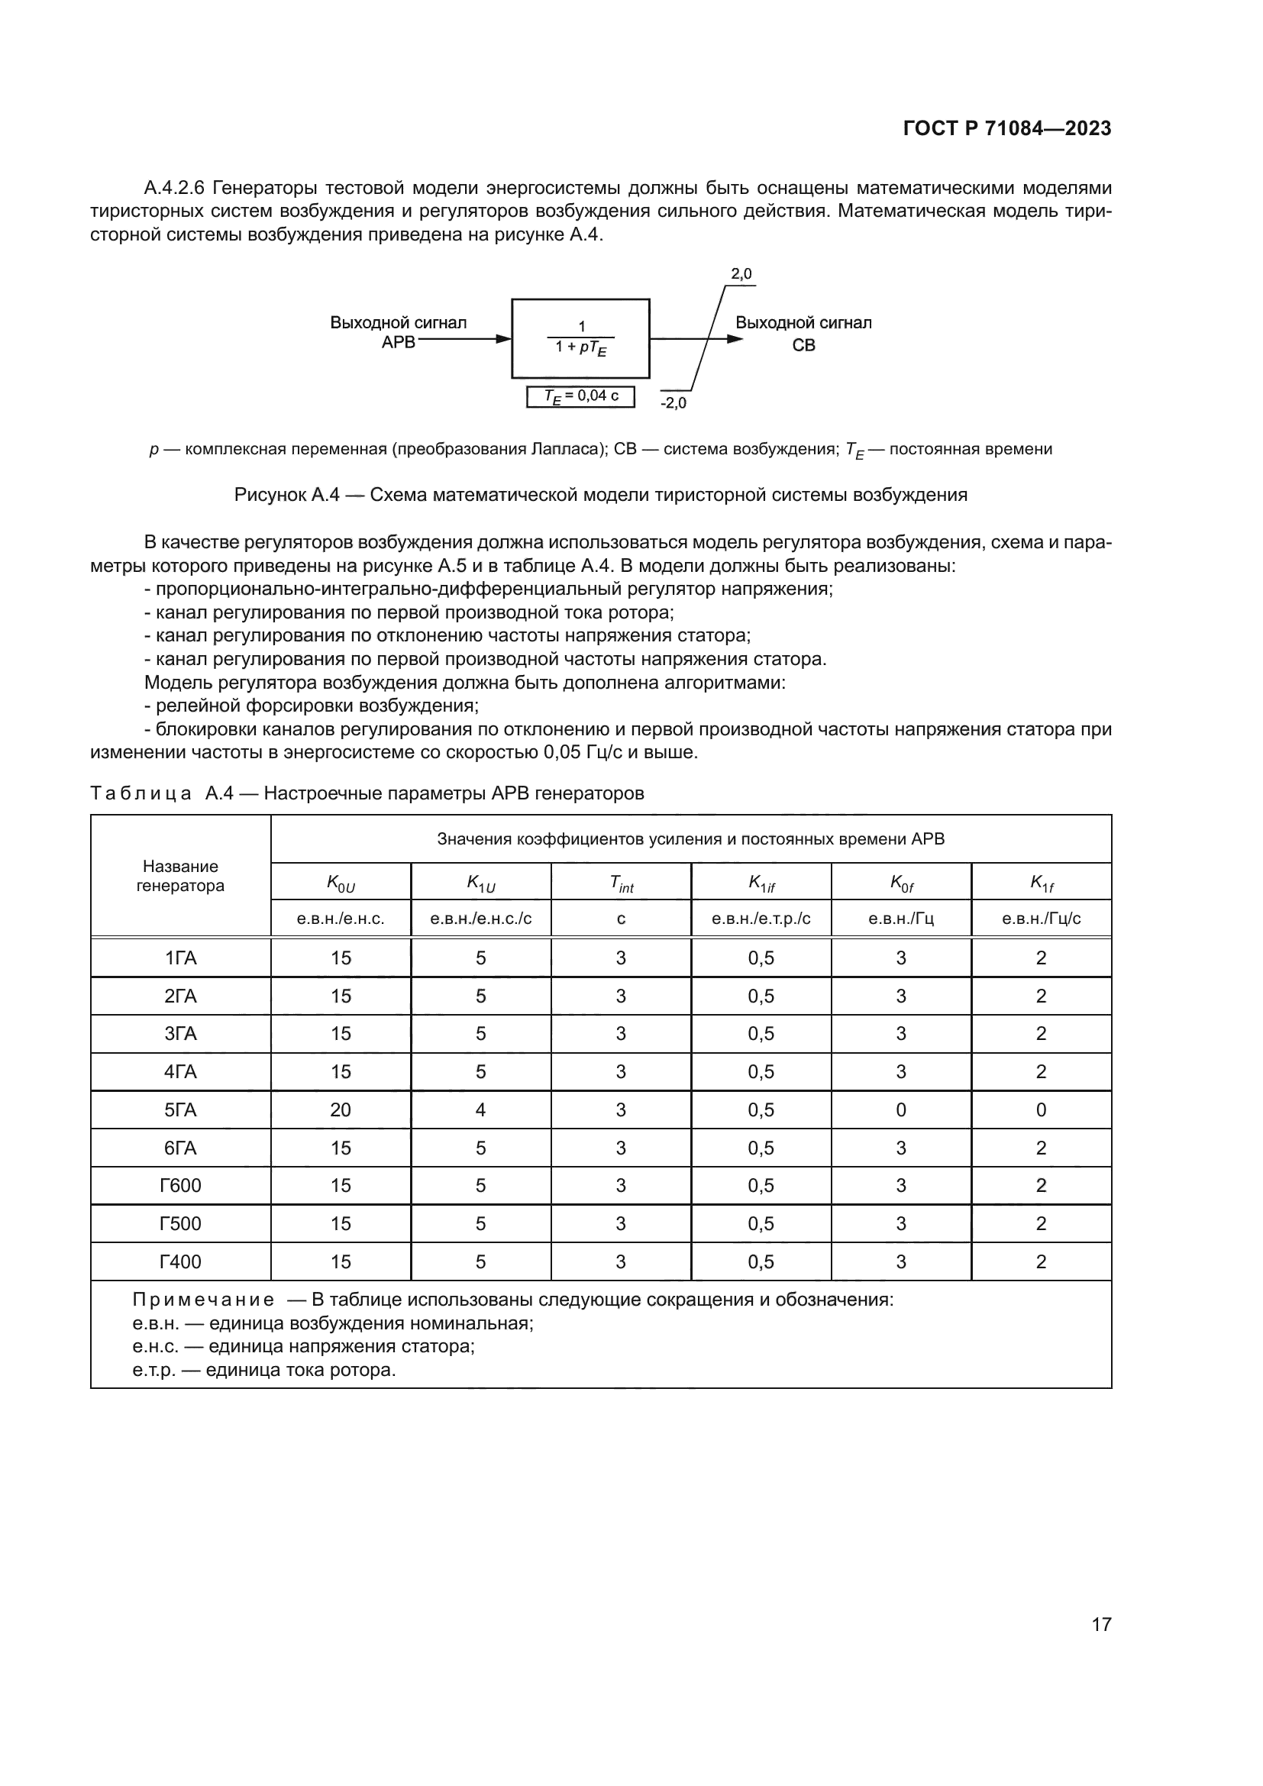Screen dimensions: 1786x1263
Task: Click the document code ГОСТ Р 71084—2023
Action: (x=1006, y=128)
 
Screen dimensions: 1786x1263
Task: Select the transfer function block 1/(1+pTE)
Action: (x=580, y=338)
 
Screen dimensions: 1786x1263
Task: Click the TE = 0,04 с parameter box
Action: (x=580, y=396)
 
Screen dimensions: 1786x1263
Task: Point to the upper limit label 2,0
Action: (x=741, y=274)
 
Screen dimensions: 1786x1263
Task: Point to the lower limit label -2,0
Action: (x=673, y=403)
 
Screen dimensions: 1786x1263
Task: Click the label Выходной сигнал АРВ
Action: (x=398, y=332)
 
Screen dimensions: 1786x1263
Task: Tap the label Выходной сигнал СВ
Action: (x=803, y=333)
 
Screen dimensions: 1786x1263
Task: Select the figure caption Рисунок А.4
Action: (x=600, y=495)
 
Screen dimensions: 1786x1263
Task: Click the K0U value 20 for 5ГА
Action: (x=341, y=1110)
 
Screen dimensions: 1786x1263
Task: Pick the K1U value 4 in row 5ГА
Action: (x=480, y=1110)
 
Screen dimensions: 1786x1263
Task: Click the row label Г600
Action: (x=180, y=1186)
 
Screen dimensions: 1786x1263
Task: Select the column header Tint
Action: (x=621, y=882)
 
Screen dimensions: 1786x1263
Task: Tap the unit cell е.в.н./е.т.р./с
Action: (x=761, y=919)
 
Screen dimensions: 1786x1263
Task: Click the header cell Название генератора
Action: (x=180, y=876)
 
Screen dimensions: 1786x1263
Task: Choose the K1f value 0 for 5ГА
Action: (x=1041, y=1110)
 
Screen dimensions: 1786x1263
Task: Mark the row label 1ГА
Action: (x=180, y=958)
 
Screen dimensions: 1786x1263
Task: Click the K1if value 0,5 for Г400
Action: (x=761, y=1261)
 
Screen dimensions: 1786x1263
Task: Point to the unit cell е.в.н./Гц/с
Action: (x=1041, y=919)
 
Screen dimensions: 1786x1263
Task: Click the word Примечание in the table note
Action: (x=203, y=1300)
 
